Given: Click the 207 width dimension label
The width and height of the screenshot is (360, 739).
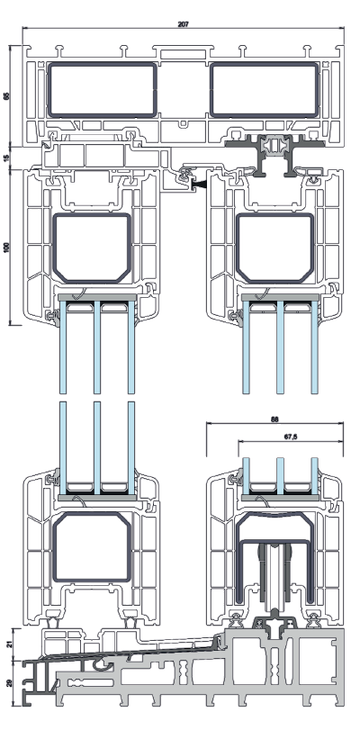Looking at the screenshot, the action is (x=183, y=24).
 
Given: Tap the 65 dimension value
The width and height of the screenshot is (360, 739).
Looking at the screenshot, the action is (x=6, y=96).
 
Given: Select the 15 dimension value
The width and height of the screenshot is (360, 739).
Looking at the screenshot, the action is (x=6, y=158).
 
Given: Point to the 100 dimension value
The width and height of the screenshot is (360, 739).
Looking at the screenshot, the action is (x=6, y=248).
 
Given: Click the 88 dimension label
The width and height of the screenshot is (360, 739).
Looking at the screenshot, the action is (x=274, y=419).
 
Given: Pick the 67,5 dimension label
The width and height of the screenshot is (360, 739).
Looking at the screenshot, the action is (x=291, y=437).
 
